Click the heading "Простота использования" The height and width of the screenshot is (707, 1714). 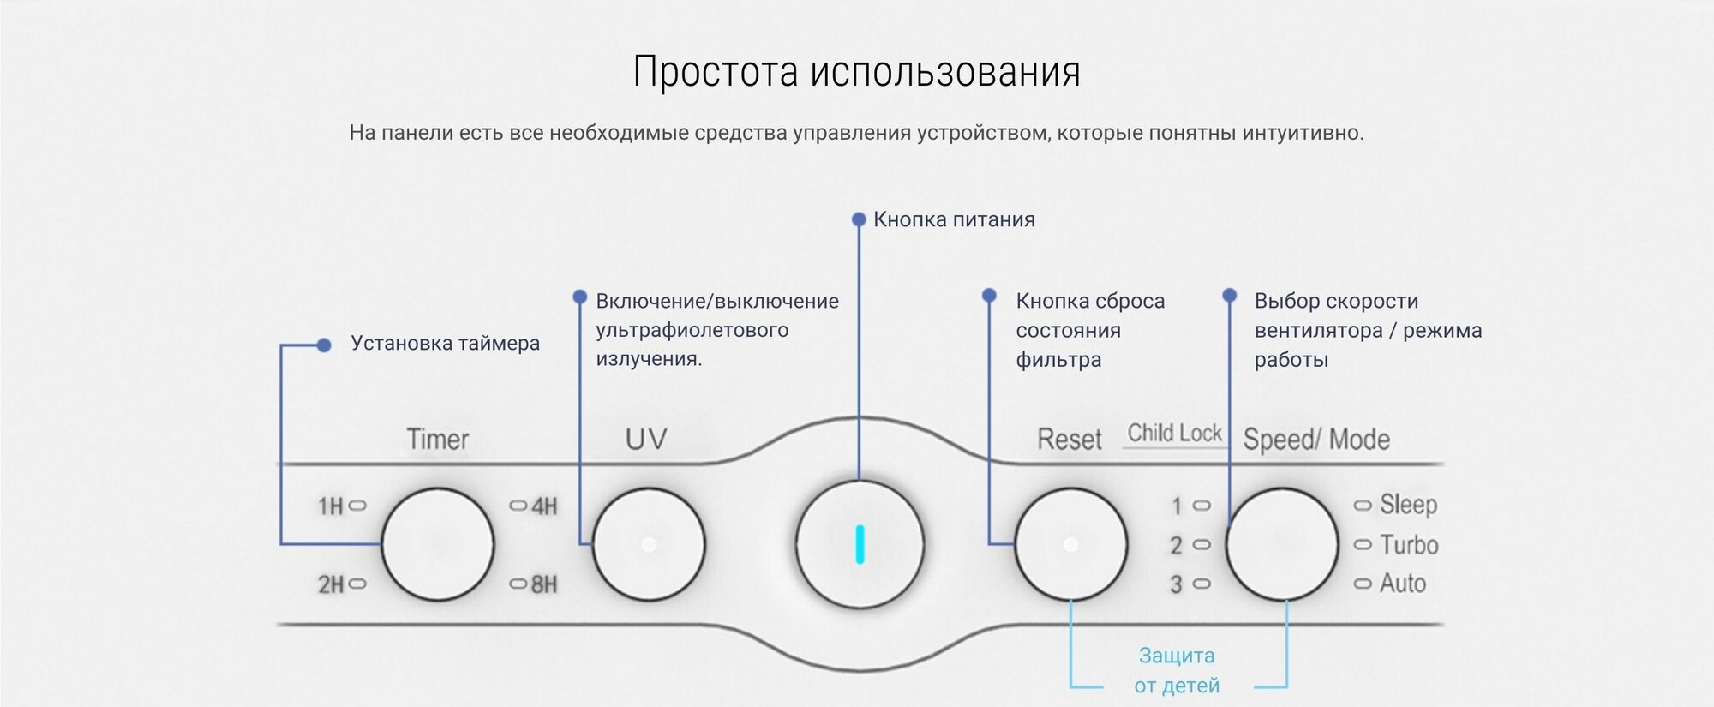tap(856, 72)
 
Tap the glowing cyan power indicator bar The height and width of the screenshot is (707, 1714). tap(860, 545)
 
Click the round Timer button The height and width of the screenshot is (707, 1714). tap(438, 544)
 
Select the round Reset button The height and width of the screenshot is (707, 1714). tap(1070, 544)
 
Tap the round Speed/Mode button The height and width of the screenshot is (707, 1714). tap(1282, 544)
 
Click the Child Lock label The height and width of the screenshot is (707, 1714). tap(1174, 434)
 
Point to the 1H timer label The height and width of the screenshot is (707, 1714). tap(331, 506)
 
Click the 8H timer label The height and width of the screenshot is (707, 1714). tap(544, 585)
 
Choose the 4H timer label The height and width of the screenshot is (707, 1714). tap(544, 506)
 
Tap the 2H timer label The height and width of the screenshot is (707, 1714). tap(331, 585)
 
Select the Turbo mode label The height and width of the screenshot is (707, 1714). tap(1408, 545)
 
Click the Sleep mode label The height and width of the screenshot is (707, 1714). tap(1407, 505)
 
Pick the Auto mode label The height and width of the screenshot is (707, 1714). tap(1402, 584)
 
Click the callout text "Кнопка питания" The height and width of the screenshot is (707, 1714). tap(954, 219)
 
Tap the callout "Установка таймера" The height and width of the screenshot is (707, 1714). tap(445, 344)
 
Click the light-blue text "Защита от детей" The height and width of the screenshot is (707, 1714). tap(1177, 670)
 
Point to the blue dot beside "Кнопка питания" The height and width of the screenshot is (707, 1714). tap(859, 219)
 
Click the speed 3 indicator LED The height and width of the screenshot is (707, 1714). tap(1202, 584)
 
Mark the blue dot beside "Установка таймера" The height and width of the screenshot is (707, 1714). tap(323, 345)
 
